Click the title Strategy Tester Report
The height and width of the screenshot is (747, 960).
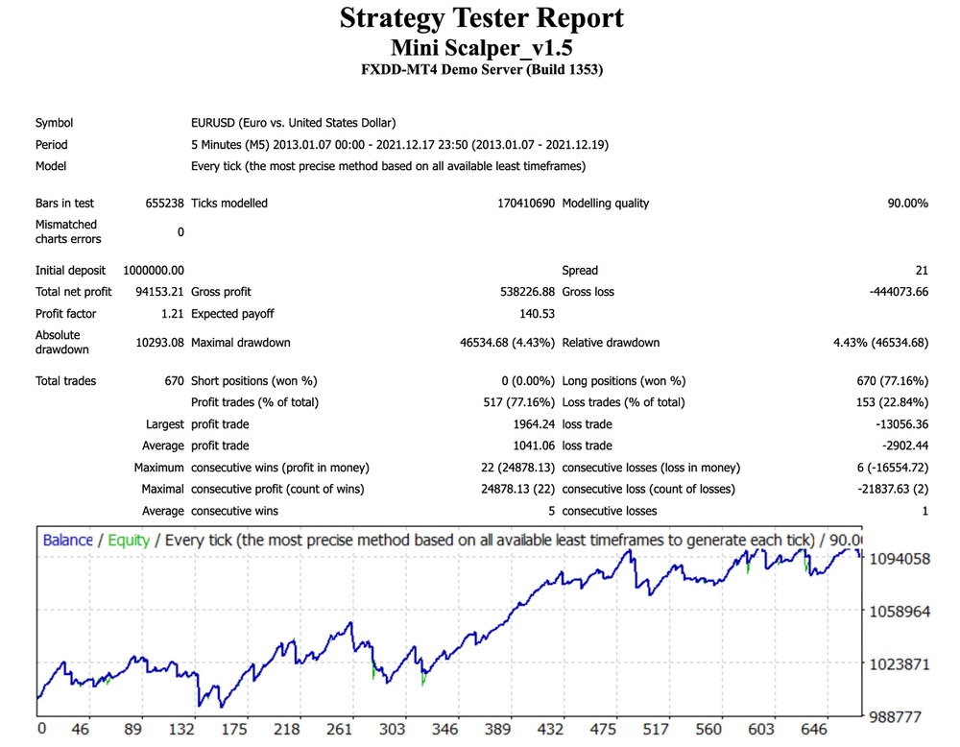coord(481,18)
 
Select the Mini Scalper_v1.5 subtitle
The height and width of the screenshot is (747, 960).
coord(481,47)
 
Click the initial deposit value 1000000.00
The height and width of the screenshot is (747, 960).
coord(154,271)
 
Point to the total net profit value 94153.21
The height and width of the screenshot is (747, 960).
coord(161,292)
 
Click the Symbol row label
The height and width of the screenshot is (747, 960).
coord(54,123)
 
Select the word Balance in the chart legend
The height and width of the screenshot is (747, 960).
coord(67,541)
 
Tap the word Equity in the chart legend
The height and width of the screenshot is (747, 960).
coord(129,541)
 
